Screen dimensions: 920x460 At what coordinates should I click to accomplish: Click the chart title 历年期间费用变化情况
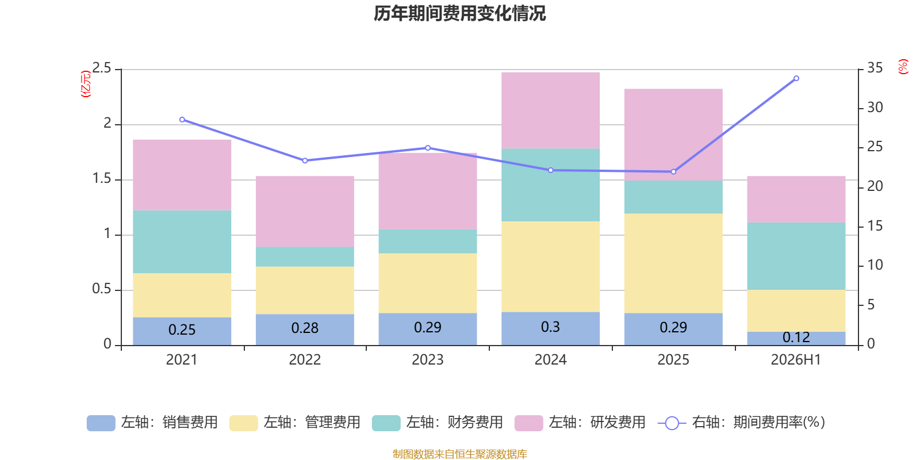pos(459,14)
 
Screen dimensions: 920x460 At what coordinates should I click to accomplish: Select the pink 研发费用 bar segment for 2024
pos(550,110)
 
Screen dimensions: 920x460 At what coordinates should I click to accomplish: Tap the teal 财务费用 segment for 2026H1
pos(796,256)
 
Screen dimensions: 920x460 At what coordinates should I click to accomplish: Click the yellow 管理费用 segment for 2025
pos(673,263)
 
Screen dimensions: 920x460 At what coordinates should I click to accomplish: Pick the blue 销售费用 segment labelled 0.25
pos(182,331)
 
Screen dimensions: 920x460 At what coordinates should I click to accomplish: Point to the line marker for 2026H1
pos(796,78)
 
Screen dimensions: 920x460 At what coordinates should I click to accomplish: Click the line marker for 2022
pos(305,160)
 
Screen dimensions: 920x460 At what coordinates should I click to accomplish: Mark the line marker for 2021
pos(182,120)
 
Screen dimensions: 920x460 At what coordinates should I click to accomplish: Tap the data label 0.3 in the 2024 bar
pos(550,327)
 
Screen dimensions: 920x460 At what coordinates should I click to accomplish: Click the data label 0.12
pos(796,337)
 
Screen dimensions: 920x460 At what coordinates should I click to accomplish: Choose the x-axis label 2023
pos(428,360)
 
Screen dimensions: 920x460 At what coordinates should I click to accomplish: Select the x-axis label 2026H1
pos(796,360)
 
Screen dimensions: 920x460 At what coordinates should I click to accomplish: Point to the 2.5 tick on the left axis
pos(102,68)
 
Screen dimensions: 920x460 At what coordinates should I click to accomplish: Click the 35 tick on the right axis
pos(875,68)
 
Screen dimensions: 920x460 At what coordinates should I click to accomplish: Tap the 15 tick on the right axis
pos(875,226)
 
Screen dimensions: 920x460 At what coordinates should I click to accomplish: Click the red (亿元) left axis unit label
pos(86,84)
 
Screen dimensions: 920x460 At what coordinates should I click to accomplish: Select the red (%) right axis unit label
pos(903,67)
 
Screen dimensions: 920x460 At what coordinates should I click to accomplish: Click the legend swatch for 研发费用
pos(528,423)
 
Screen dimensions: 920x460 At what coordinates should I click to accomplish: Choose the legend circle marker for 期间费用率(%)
pos(672,423)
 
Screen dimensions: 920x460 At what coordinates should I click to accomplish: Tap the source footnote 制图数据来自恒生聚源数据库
pos(459,454)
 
